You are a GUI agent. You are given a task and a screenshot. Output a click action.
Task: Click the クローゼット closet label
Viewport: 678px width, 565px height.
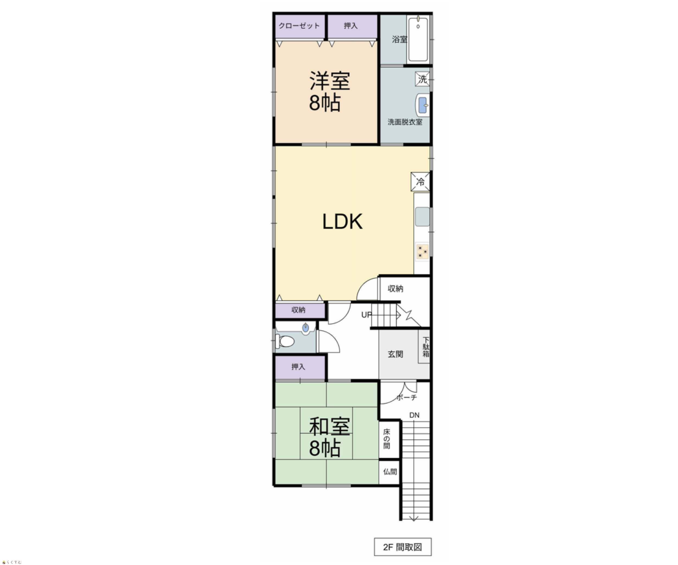(x=299, y=26)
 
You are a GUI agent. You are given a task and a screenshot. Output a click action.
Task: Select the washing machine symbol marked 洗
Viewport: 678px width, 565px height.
(x=422, y=79)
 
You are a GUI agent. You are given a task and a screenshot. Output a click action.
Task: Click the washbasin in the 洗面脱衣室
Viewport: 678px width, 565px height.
(x=422, y=105)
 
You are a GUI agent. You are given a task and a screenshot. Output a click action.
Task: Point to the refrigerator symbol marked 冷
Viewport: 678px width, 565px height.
(x=420, y=182)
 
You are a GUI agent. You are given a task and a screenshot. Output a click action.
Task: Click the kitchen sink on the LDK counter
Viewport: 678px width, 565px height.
(x=422, y=217)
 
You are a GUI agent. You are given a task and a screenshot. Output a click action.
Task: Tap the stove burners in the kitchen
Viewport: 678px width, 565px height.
(x=422, y=251)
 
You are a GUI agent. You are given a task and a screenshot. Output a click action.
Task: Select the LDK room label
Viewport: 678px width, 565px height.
(x=342, y=222)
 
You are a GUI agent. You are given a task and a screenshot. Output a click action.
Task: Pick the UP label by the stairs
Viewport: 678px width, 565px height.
(x=366, y=315)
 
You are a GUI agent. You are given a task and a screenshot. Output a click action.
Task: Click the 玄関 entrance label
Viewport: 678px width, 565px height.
(x=395, y=354)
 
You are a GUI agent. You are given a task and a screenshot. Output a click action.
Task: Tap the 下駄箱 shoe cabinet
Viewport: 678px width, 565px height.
(x=424, y=346)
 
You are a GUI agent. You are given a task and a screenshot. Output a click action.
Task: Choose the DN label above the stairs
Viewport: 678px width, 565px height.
(x=414, y=415)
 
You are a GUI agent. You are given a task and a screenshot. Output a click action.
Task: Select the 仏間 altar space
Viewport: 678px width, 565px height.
(x=389, y=472)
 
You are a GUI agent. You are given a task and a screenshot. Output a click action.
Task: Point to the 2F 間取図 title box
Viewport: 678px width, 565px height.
(x=403, y=547)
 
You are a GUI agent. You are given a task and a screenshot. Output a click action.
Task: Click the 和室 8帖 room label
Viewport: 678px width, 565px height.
(x=329, y=437)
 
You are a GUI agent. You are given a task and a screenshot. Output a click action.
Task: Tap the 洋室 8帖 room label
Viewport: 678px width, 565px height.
(x=329, y=91)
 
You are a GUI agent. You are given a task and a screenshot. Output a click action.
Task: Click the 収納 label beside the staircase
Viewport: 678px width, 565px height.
(x=395, y=289)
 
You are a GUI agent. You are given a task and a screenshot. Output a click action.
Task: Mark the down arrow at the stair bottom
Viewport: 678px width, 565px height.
(x=414, y=519)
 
